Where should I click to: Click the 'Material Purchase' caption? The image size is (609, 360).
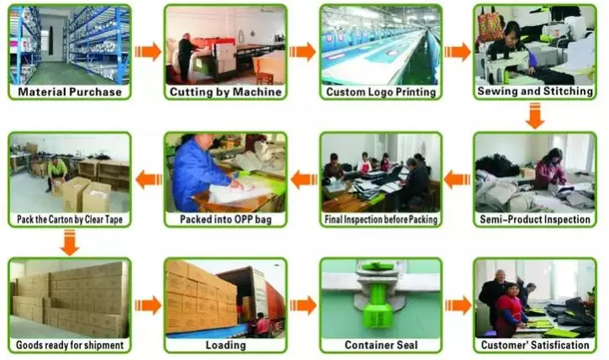click(x=70, y=92)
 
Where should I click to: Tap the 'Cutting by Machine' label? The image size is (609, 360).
click(x=225, y=92)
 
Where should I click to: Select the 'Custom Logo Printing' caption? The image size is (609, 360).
click(x=380, y=92)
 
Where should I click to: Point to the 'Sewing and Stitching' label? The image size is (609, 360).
click(x=535, y=92)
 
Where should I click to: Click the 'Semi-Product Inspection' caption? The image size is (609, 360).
click(x=535, y=220)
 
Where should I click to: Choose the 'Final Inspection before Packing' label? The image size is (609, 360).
click(x=380, y=220)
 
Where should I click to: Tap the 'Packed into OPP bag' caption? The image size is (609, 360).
click(x=225, y=220)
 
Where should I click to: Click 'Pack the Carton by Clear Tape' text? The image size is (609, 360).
click(x=70, y=220)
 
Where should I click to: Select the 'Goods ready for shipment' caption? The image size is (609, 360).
click(x=70, y=346)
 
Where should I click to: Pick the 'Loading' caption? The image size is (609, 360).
click(x=225, y=346)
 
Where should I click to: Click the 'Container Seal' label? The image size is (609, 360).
click(x=380, y=346)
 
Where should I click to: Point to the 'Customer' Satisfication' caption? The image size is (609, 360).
click(x=535, y=346)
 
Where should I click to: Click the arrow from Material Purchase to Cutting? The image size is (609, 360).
click(x=148, y=51)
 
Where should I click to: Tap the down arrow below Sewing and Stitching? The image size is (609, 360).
click(x=535, y=115)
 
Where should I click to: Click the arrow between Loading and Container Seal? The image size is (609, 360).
click(x=303, y=304)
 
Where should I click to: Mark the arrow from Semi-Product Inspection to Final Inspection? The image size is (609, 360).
click(x=457, y=178)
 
